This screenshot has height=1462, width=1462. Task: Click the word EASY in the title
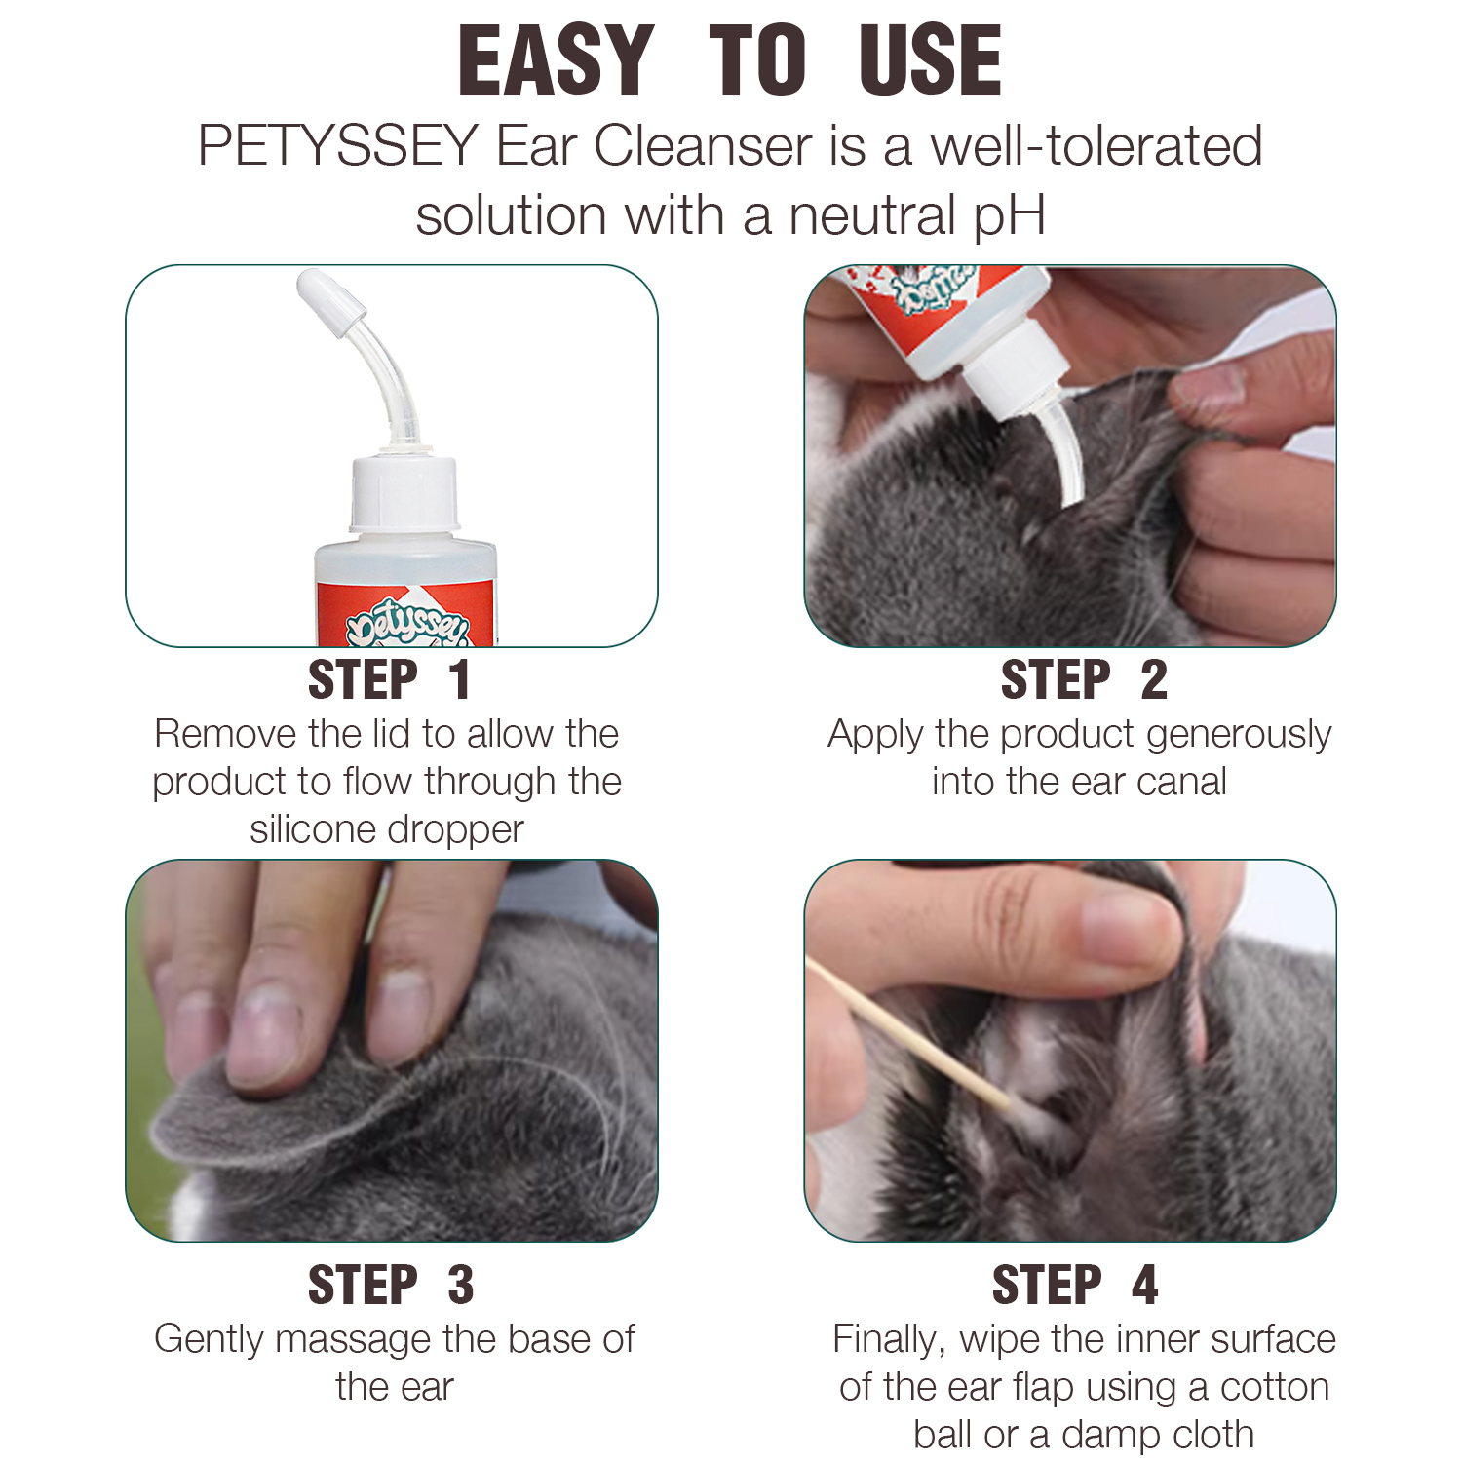tap(556, 60)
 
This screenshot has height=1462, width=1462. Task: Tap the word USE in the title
tap(931, 60)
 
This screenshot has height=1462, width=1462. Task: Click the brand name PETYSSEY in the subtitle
tap(337, 146)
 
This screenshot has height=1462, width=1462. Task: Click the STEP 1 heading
tap(390, 679)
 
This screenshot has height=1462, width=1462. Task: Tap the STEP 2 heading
tap(1084, 679)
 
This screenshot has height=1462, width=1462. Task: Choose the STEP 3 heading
tap(391, 1285)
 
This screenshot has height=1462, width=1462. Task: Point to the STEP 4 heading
tap(1075, 1285)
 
